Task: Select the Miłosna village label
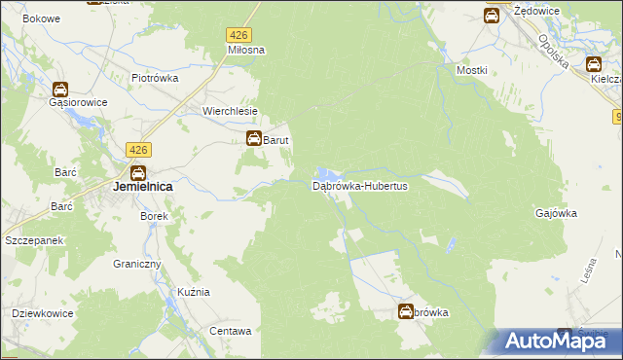pyautogui.click(x=246, y=50)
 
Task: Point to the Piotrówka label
pyautogui.click(x=155, y=79)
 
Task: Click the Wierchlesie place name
pyautogui.click(x=230, y=110)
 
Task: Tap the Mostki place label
pyautogui.click(x=471, y=71)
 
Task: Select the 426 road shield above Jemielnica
pyautogui.click(x=138, y=149)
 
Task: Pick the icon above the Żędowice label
pyautogui.click(x=493, y=15)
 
